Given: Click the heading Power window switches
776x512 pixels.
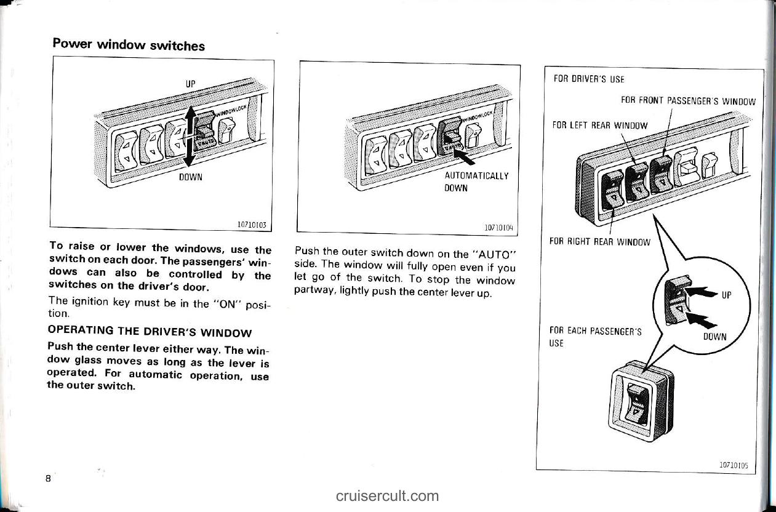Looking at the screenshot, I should [129, 44].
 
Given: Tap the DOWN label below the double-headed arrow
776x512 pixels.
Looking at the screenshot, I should [191, 177].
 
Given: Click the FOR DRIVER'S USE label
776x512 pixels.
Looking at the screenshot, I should [580, 79].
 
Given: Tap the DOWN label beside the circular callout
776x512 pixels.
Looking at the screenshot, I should [714, 336].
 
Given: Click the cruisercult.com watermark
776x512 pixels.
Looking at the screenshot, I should [388, 496].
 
